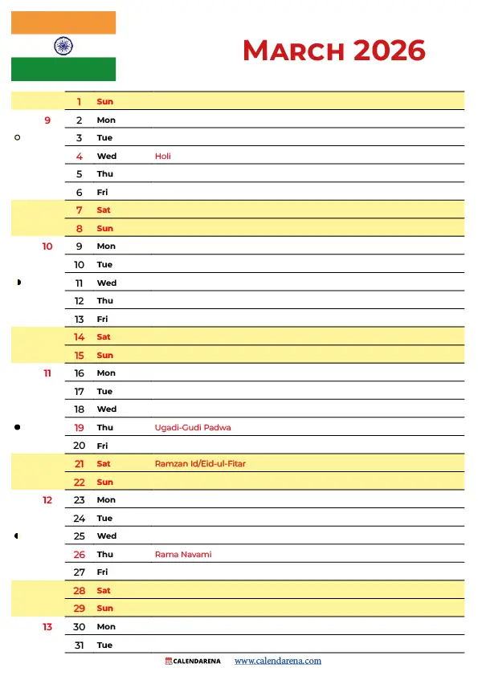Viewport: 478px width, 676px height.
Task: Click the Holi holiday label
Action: pos(163,157)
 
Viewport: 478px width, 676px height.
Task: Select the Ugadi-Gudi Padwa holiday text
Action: pos(193,428)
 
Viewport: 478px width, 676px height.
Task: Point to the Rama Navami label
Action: pos(183,555)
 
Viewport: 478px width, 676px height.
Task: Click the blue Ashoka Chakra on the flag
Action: pos(63,46)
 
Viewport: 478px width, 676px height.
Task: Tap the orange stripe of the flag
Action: pos(63,22)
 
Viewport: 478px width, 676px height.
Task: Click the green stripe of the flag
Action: pos(63,70)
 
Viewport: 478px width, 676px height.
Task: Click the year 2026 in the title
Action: pos(389,51)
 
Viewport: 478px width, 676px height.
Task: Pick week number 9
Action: pos(47,120)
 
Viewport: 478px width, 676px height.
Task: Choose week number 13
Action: pos(47,627)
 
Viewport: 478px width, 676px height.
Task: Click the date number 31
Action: pos(80,645)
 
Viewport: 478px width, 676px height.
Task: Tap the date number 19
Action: pos(80,428)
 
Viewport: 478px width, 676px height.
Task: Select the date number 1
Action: pos(80,102)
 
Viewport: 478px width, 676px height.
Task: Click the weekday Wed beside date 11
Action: pos(107,283)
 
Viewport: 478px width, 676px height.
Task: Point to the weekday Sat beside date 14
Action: pos(104,337)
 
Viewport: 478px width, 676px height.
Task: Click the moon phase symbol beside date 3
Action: pos(17,138)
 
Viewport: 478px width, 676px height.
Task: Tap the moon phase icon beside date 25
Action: pos(17,536)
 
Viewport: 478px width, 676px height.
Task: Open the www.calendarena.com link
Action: pos(278,662)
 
